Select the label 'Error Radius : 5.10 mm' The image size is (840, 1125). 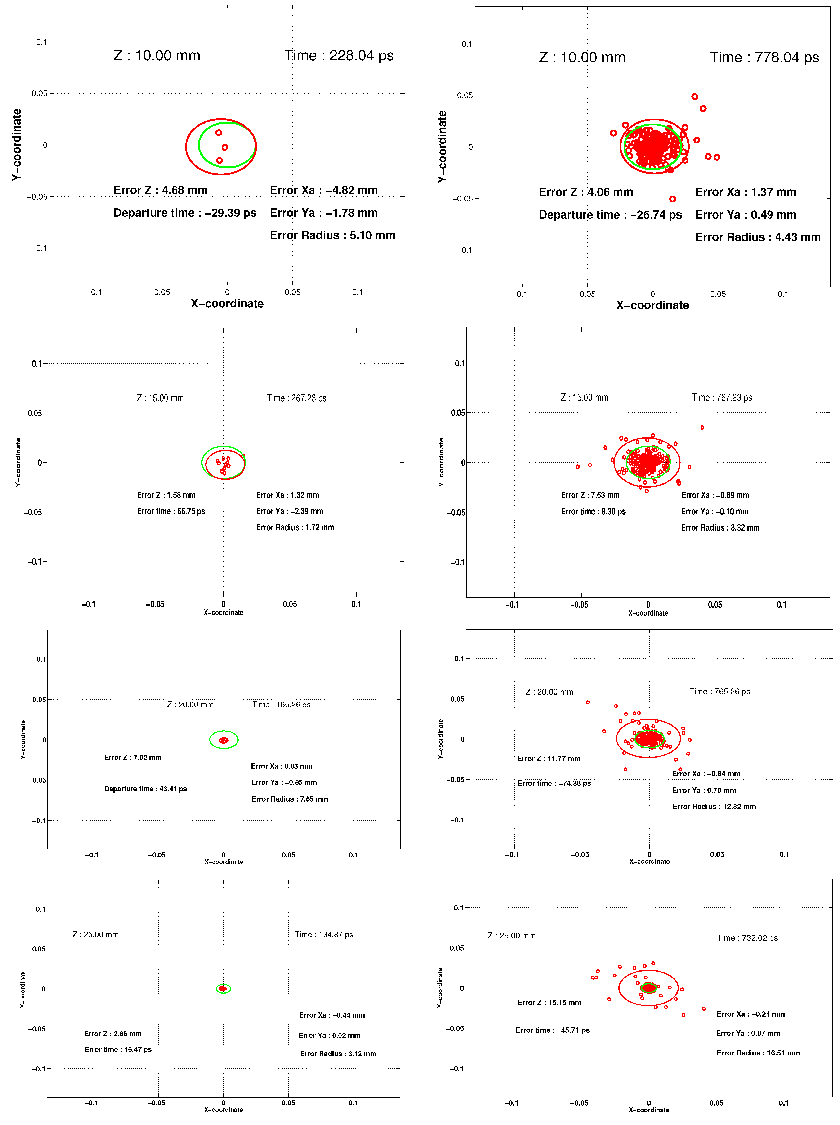[332, 235]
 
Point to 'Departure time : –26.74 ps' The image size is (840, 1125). [610, 215]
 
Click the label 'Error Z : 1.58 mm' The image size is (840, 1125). [166, 495]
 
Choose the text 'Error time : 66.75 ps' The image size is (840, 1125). [171, 511]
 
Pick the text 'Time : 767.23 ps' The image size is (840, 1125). [721, 398]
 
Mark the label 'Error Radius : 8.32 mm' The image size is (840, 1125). [720, 528]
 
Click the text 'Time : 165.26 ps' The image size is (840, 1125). [281, 705]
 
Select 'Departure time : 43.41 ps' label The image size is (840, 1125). [146, 789]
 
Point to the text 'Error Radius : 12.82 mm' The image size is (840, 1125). [714, 807]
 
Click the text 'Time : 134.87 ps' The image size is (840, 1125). [324, 934]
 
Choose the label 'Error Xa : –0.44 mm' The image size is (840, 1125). [331, 1015]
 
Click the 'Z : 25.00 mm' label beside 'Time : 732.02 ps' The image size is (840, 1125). [511, 936]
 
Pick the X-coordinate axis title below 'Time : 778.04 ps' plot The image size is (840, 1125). [652, 305]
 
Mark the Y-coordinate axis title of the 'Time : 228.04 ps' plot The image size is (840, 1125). [17, 145]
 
